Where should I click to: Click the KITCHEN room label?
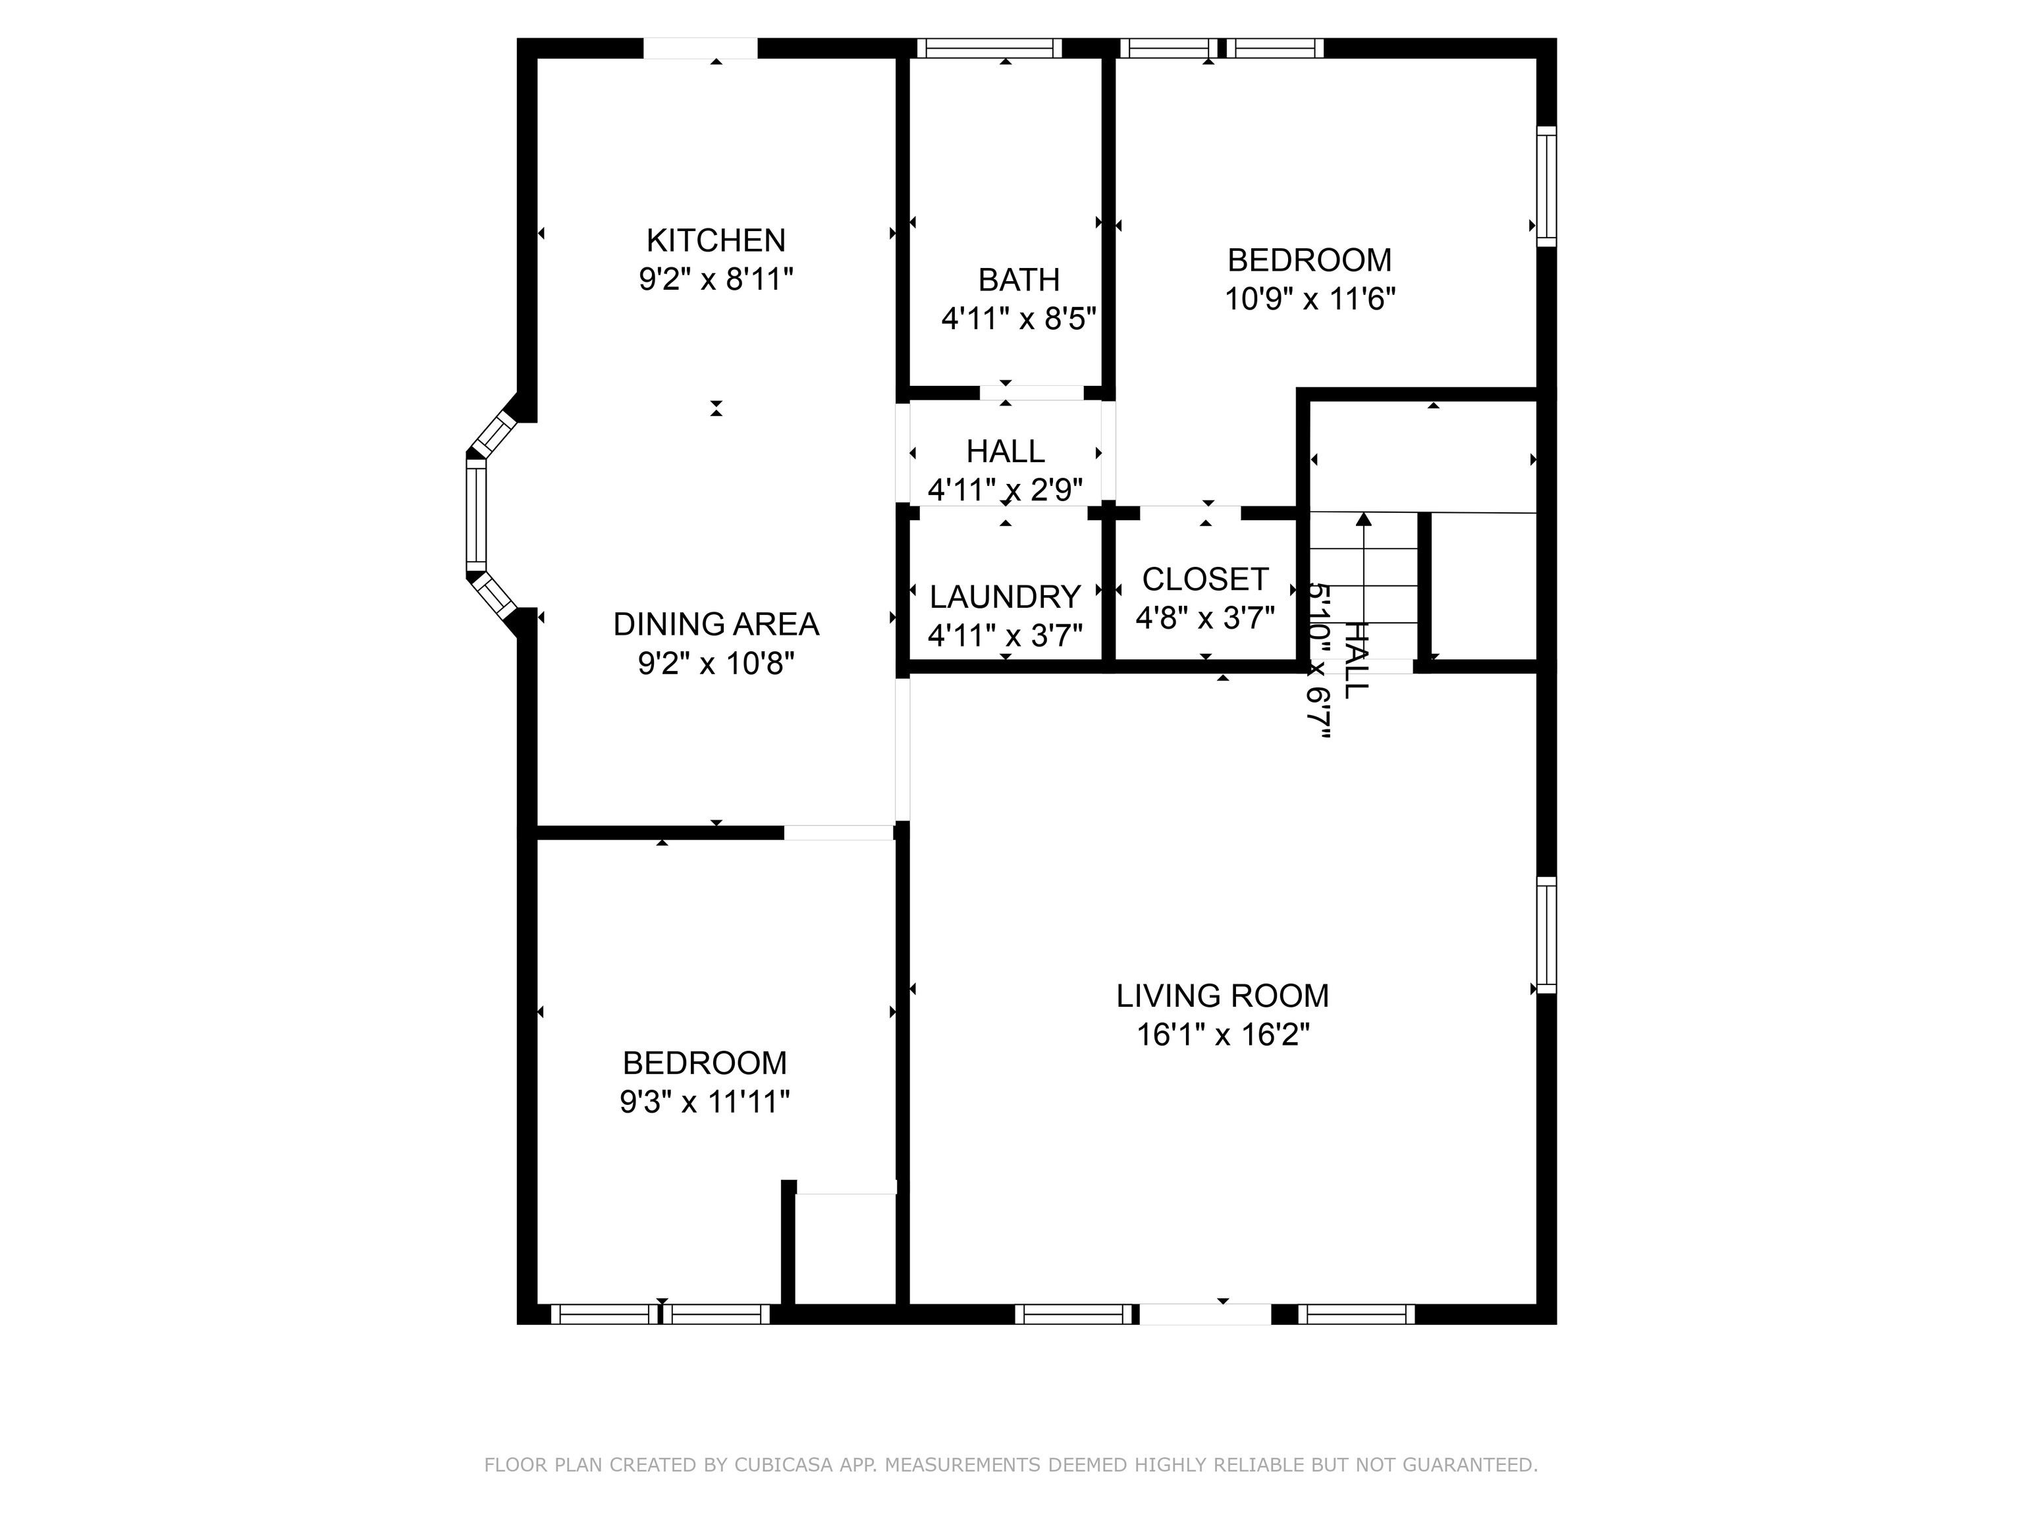click(715, 240)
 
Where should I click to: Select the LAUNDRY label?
click(1005, 597)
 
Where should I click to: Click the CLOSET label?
click(1204, 579)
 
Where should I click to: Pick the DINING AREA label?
click(715, 625)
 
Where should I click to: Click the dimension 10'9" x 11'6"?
click(1310, 299)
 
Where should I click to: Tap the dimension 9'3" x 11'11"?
click(704, 1102)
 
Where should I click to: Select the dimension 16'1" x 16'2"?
click(1223, 1035)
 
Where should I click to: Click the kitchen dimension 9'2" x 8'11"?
click(715, 279)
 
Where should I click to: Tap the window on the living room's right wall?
click(1546, 934)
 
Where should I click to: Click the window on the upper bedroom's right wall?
click(1546, 186)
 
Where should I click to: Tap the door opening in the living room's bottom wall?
click(1204, 1314)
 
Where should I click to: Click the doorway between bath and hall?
click(1032, 393)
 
